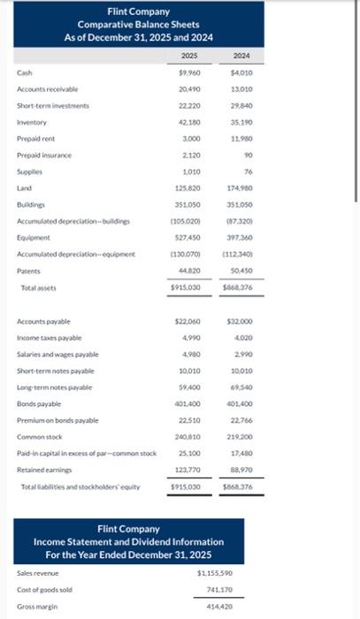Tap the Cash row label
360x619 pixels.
25,73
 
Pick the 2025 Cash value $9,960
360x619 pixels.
188,73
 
